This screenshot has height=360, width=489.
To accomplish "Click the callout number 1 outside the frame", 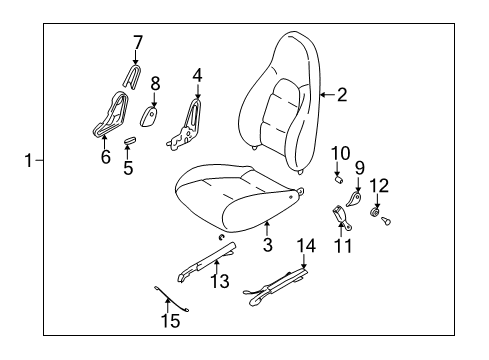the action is (29, 160).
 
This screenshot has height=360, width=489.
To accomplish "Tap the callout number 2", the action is (342, 95).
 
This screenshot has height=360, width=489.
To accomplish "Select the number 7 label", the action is (138, 42).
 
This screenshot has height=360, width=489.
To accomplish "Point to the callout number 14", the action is (306, 246).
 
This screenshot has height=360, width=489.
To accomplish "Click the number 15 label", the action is (170, 321).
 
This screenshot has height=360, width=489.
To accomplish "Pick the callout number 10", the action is (340, 153).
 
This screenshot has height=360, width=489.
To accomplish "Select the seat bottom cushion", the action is (238, 198).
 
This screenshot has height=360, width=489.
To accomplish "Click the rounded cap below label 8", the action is (148, 116).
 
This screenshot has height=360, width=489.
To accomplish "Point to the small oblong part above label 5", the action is (129, 140).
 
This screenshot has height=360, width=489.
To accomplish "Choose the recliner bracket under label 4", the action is (185, 125).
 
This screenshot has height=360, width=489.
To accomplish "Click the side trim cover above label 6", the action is (111, 115).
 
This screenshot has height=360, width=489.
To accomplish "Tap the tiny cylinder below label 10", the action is (339, 181).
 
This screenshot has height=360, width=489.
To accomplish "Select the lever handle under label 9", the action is (353, 199).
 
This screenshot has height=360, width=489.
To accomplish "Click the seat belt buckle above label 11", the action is (341, 217).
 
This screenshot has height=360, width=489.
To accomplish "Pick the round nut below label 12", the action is (375, 212).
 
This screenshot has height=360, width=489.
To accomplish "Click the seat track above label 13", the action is (207, 262).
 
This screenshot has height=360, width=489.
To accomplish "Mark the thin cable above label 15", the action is (171, 298).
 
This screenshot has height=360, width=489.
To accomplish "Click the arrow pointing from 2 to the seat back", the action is (327, 95).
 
